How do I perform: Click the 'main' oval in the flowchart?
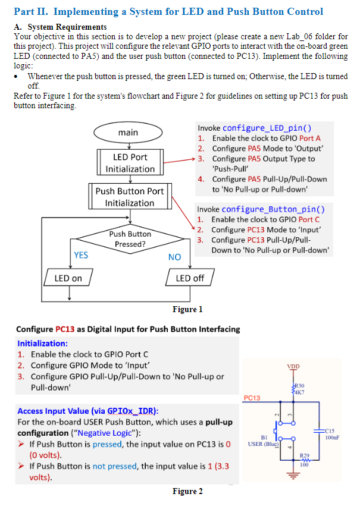point(129,132)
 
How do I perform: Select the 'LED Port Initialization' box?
point(130,163)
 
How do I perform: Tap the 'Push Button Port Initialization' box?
point(130,197)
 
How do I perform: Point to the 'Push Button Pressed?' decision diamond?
point(130,239)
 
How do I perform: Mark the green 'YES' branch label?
point(81,255)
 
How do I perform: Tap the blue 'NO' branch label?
point(174,257)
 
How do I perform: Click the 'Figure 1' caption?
point(187,309)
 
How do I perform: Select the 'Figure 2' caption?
point(187,491)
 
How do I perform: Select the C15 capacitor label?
point(331,430)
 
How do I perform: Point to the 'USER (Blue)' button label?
point(263,443)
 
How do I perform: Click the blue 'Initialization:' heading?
point(42,343)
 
